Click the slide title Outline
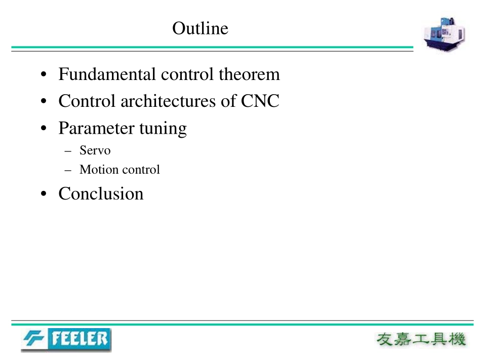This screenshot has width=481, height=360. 200,28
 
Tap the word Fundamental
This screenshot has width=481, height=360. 107,74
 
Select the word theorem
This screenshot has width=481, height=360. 249,74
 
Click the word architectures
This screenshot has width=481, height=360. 168,101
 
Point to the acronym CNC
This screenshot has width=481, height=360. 260,101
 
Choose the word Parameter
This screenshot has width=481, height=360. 97,128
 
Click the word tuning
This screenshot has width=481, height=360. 163,129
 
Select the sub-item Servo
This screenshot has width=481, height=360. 95,150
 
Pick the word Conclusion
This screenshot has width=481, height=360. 101,193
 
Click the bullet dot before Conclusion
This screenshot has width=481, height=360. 44,194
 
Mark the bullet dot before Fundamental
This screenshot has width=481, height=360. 44,74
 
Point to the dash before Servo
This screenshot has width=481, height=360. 68,151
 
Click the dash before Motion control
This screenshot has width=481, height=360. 68,170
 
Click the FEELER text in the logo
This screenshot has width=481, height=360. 79,339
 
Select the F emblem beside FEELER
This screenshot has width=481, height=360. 34,339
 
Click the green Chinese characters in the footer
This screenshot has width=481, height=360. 421,339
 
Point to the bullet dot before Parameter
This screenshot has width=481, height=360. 44,128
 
